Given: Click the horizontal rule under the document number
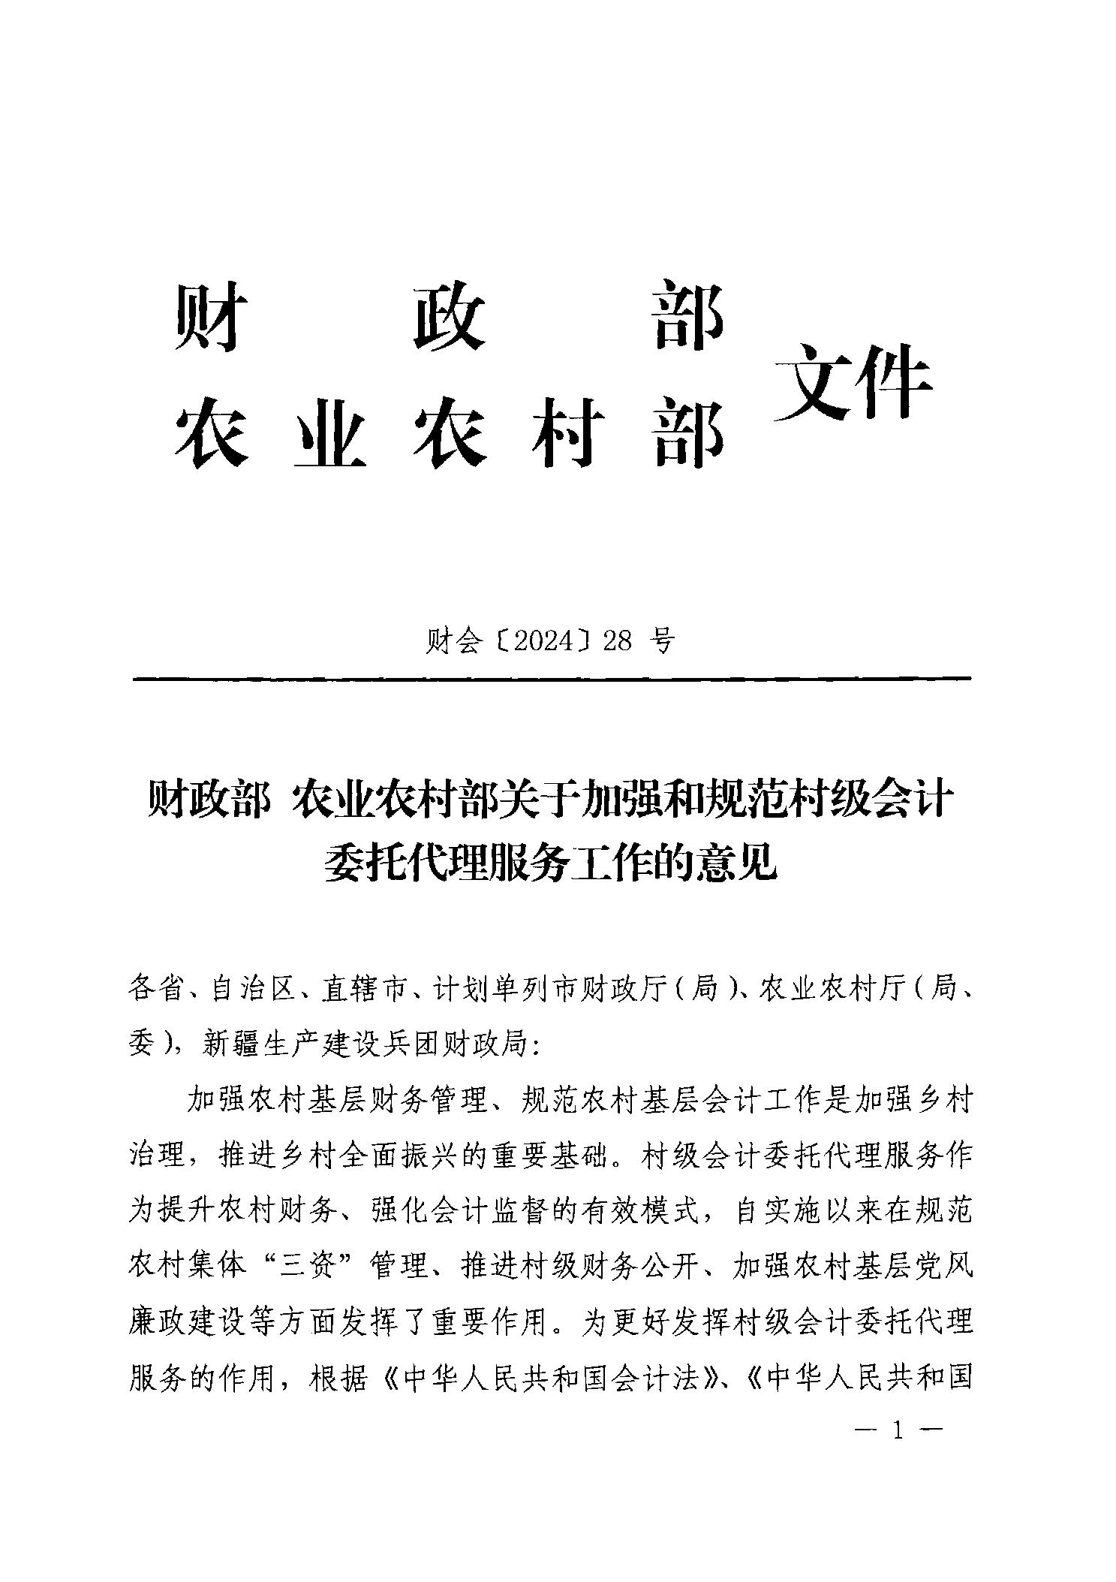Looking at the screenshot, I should click(552, 679).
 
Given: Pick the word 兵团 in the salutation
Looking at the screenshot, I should click(411, 1044).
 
